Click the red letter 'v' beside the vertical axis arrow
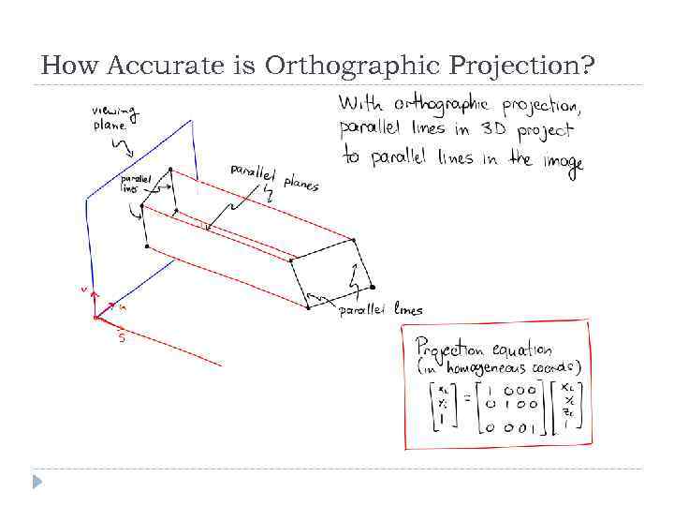point(83,290)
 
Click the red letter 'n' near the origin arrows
point(123,305)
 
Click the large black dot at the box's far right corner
point(373,287)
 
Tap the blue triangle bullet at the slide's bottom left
point(37,481)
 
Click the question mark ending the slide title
point(587,66)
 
